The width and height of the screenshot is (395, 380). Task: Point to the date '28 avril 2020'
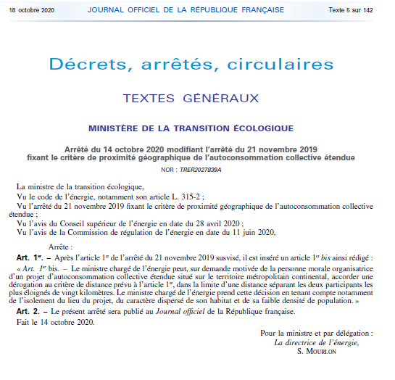click(x=217, y=223)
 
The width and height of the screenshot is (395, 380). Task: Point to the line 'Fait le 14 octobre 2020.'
click(x=56, y=322)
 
